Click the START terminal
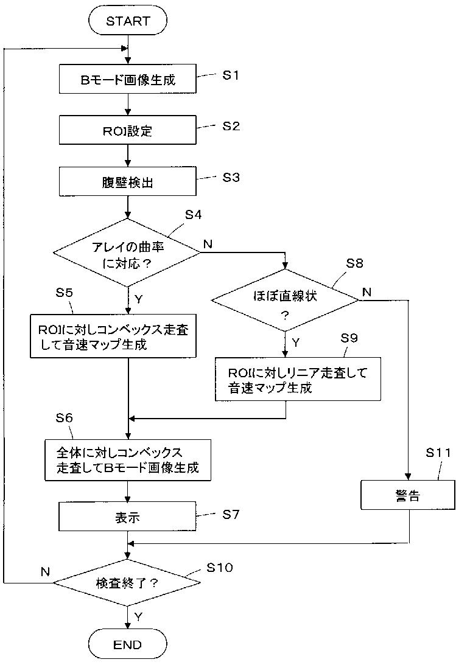127,21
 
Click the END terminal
127,645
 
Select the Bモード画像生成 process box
127,79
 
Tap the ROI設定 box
127,130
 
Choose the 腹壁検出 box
127,181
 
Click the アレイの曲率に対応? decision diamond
127,252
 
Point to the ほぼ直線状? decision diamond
285,301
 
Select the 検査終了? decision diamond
127,583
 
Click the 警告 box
409,495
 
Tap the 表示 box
127,517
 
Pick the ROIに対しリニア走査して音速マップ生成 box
298,379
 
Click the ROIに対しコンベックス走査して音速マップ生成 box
113,336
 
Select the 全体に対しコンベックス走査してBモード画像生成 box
128,460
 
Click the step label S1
231,75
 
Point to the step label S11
438,453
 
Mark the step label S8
354,263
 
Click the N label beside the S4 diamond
208,244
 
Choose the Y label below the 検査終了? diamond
138,616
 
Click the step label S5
64,292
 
